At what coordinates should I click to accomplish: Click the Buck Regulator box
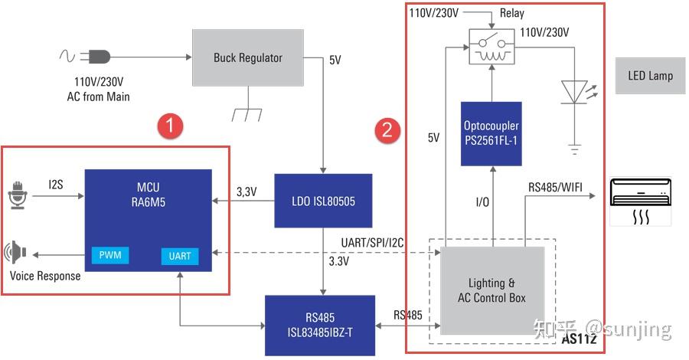tap(247, 57)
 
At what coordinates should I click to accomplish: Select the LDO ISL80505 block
tap(322, 201)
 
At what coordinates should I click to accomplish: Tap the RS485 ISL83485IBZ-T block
tap(319, 325)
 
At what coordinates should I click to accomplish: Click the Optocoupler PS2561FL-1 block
tap(491, 133)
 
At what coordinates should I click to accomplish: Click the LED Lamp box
tap(650, 76)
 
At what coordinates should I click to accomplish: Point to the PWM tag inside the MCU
tap(109, 255)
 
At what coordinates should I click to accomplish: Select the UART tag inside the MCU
tap(180, 256)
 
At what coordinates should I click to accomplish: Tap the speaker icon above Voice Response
tap(16, 252)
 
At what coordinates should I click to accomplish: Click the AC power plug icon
tap(99, 56)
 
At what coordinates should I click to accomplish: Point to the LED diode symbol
tap(573, 91)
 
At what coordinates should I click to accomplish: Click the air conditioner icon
tap(639, 201)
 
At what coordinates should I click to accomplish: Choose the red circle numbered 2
tap(387, 130)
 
